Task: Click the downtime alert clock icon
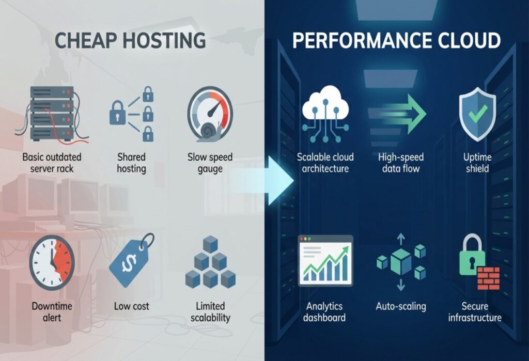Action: (52, 262)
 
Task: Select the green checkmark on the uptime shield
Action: (477, 112)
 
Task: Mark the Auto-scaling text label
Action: (400, 306)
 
